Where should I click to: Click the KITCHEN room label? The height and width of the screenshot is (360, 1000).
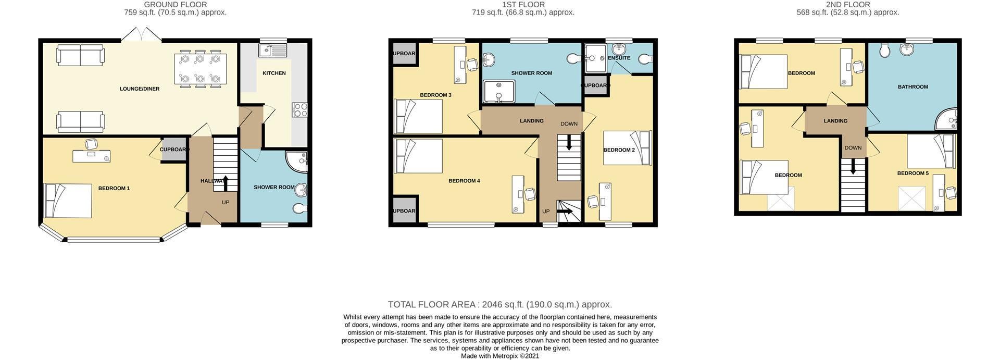[x=274, y=73]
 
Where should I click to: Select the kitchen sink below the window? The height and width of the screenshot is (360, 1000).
[x=273, y=51]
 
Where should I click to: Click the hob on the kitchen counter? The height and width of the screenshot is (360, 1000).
[x=301, y=109]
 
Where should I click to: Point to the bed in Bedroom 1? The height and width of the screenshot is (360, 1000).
[x=68, y=201]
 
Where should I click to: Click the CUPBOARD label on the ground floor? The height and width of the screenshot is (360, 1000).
[x=174, y=150]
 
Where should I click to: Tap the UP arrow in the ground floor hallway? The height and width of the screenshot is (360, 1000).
[x=225, y=184]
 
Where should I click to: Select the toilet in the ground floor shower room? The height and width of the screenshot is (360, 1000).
[x=299, y=209]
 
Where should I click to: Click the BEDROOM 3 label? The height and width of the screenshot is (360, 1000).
[x=435, y=95]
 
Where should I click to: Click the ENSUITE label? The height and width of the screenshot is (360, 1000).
[x=619, y=58]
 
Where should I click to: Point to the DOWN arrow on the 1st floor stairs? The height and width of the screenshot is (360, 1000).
[x=569, y=142]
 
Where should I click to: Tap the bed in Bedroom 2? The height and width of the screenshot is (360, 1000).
[x=628, y=148]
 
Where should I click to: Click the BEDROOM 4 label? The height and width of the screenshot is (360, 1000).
[x=464, y=181]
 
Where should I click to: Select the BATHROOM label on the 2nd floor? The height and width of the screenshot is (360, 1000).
[x=913, y=87]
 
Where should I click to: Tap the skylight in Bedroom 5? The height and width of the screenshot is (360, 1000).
[x=912, y=198]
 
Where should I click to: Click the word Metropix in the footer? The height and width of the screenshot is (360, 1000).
[x=508, y=356]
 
